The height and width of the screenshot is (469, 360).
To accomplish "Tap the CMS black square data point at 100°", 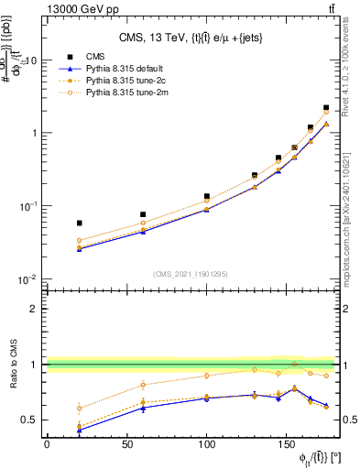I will [207, 196].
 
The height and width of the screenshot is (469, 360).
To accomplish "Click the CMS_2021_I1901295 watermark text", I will [197, 274].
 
